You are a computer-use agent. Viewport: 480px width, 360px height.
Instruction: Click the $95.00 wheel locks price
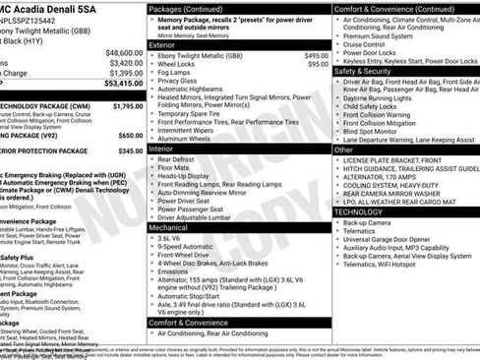(x=318, y=64)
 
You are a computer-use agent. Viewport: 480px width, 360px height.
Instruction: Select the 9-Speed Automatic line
(x=190, y=246)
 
